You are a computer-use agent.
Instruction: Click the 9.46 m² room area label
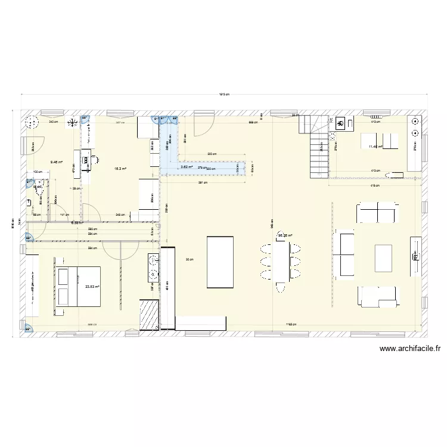point(57,161)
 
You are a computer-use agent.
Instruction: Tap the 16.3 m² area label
point(120,168)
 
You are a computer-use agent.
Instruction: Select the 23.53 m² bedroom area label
point(92,287)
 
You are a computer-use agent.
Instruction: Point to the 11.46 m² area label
point(375,146)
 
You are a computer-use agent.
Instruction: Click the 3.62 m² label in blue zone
point(187,167)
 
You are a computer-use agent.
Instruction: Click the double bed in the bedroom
point(79,286)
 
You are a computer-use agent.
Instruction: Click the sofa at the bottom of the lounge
point(378,296)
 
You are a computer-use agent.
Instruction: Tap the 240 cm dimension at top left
point(52,122)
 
